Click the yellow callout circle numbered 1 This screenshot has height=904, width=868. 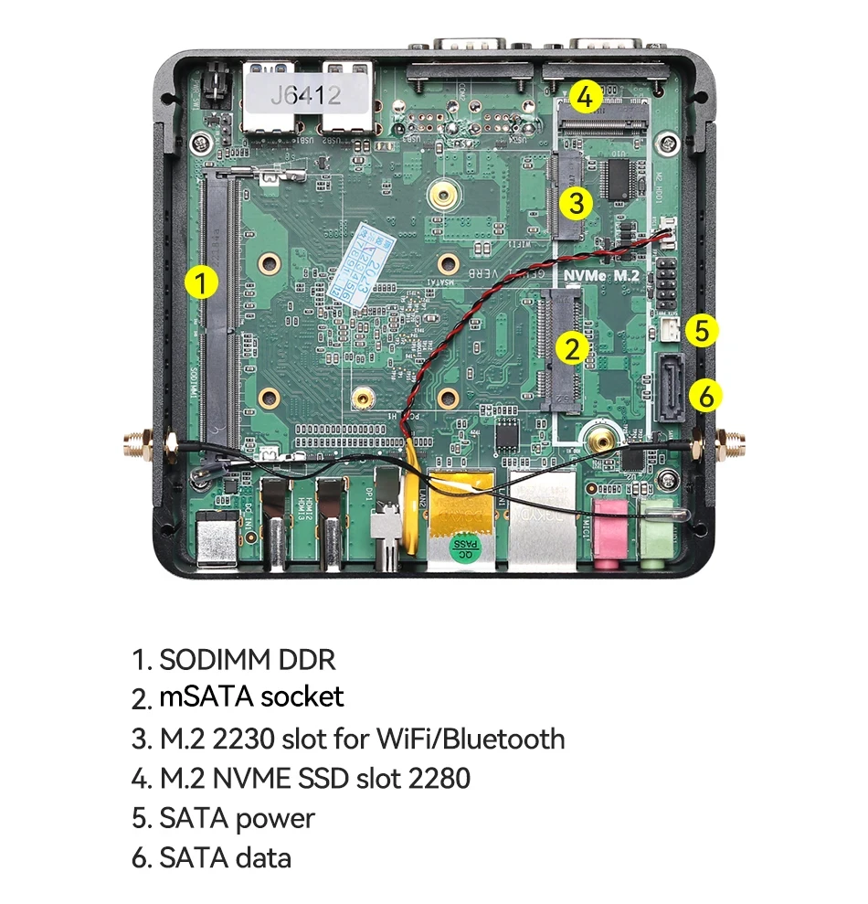tap(201, 282)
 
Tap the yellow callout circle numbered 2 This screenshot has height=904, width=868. tap(573, 347)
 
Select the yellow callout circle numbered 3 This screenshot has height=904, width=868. tap(575, 202)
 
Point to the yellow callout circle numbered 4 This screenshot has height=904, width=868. tap(586, 96)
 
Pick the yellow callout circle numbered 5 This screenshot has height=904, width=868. tap(701, 330)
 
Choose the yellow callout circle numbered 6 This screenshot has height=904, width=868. tap(705, 396)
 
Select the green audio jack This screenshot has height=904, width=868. tap(656, 530)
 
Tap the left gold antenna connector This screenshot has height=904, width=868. tap(135, 445)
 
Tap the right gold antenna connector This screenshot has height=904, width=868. tap(731, 446)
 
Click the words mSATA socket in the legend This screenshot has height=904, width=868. tap(251, 697)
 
